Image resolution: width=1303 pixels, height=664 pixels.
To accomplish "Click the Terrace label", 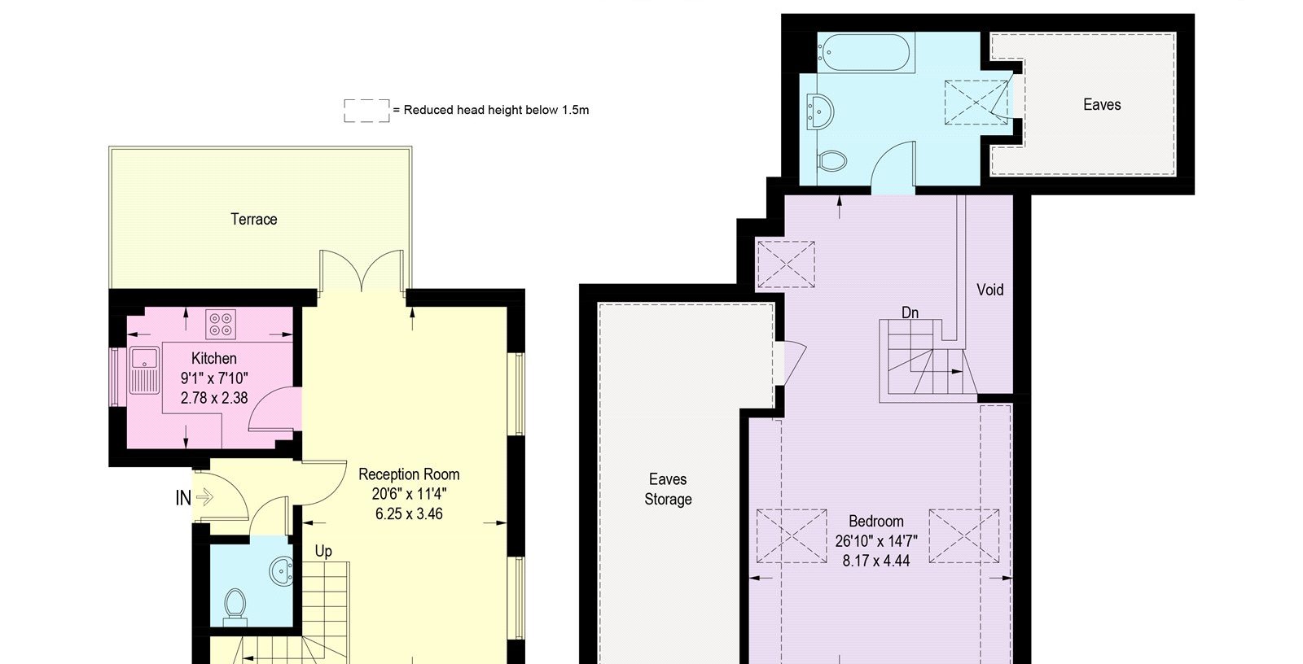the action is [253, 219].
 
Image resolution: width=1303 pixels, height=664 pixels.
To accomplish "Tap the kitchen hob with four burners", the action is [221, 324].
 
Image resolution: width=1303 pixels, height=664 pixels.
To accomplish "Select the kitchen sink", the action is [143, 369].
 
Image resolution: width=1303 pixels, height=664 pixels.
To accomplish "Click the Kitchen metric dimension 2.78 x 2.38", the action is [214, 398].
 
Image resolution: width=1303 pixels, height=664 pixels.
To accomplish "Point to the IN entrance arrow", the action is [204, 497].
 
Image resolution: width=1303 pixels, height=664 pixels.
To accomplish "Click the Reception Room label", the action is [409, 474].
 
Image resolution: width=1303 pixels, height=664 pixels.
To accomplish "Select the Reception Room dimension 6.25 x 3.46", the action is [409, 514].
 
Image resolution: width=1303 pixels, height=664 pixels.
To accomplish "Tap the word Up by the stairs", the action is [323, 551].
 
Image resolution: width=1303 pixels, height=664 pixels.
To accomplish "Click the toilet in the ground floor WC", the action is [235, 605].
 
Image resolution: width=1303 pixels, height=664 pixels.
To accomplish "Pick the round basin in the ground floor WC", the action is [282, 570].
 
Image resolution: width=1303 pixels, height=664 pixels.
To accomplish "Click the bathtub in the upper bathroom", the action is [864, 52].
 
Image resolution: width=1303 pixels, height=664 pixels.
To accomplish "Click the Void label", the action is [990, 290].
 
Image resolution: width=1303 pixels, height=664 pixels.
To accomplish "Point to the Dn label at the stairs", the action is [910, 312].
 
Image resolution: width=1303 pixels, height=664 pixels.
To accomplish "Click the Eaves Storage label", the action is [668, 489].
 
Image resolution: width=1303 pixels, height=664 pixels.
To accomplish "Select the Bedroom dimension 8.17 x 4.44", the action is [876, 561].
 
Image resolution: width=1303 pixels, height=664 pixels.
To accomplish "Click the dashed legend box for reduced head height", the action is [366, 111].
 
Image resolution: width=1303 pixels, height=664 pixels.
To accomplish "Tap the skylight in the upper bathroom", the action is [976, 103].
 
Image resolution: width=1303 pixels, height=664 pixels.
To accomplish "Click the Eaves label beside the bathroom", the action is [1102, 105].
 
